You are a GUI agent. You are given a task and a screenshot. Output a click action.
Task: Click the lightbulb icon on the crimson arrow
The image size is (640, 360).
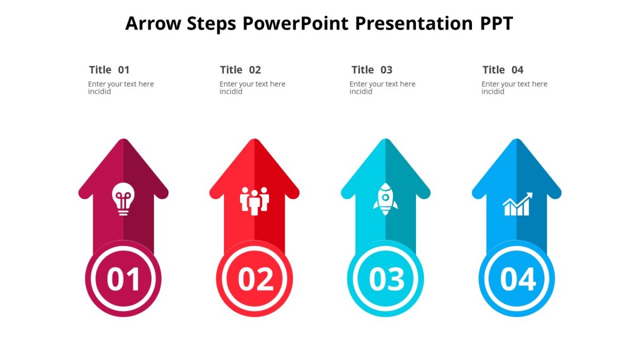coord(123,199)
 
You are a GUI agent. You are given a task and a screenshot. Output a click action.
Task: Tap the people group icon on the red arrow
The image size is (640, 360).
coord(254,201)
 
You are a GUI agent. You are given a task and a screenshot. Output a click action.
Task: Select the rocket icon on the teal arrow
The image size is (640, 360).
coord(385,199)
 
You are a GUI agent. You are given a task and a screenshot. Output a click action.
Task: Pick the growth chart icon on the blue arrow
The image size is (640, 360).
coord(517,204)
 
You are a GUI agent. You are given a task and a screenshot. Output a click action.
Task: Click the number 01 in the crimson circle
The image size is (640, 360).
coord(123,279)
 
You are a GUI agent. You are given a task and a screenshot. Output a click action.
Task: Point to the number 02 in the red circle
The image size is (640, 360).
coord(254,279)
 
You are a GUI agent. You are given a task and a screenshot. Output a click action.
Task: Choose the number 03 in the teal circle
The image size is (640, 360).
coord(386,279)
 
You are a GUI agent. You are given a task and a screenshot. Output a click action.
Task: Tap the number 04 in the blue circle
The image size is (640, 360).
coord(517,279)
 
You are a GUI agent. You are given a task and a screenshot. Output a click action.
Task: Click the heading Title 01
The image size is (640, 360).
coord(109,70)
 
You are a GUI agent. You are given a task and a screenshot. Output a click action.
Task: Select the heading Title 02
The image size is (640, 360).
coord(241,70)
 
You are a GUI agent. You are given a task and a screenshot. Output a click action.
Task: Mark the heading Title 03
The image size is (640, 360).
coord(372,70)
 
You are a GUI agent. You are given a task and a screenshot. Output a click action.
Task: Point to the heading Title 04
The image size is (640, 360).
coord(503,70)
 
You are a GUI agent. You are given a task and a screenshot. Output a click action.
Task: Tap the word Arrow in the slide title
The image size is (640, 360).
coord(153,23)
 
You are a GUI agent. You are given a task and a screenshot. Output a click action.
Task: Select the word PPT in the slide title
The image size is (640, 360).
coord(495,23)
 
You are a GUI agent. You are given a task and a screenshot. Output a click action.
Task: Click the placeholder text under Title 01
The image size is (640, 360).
coord(121,87)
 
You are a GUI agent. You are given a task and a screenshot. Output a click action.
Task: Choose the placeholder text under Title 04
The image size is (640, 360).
coord(514,87)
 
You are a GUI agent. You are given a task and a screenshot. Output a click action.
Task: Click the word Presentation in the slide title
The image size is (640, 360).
coord(413,23)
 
